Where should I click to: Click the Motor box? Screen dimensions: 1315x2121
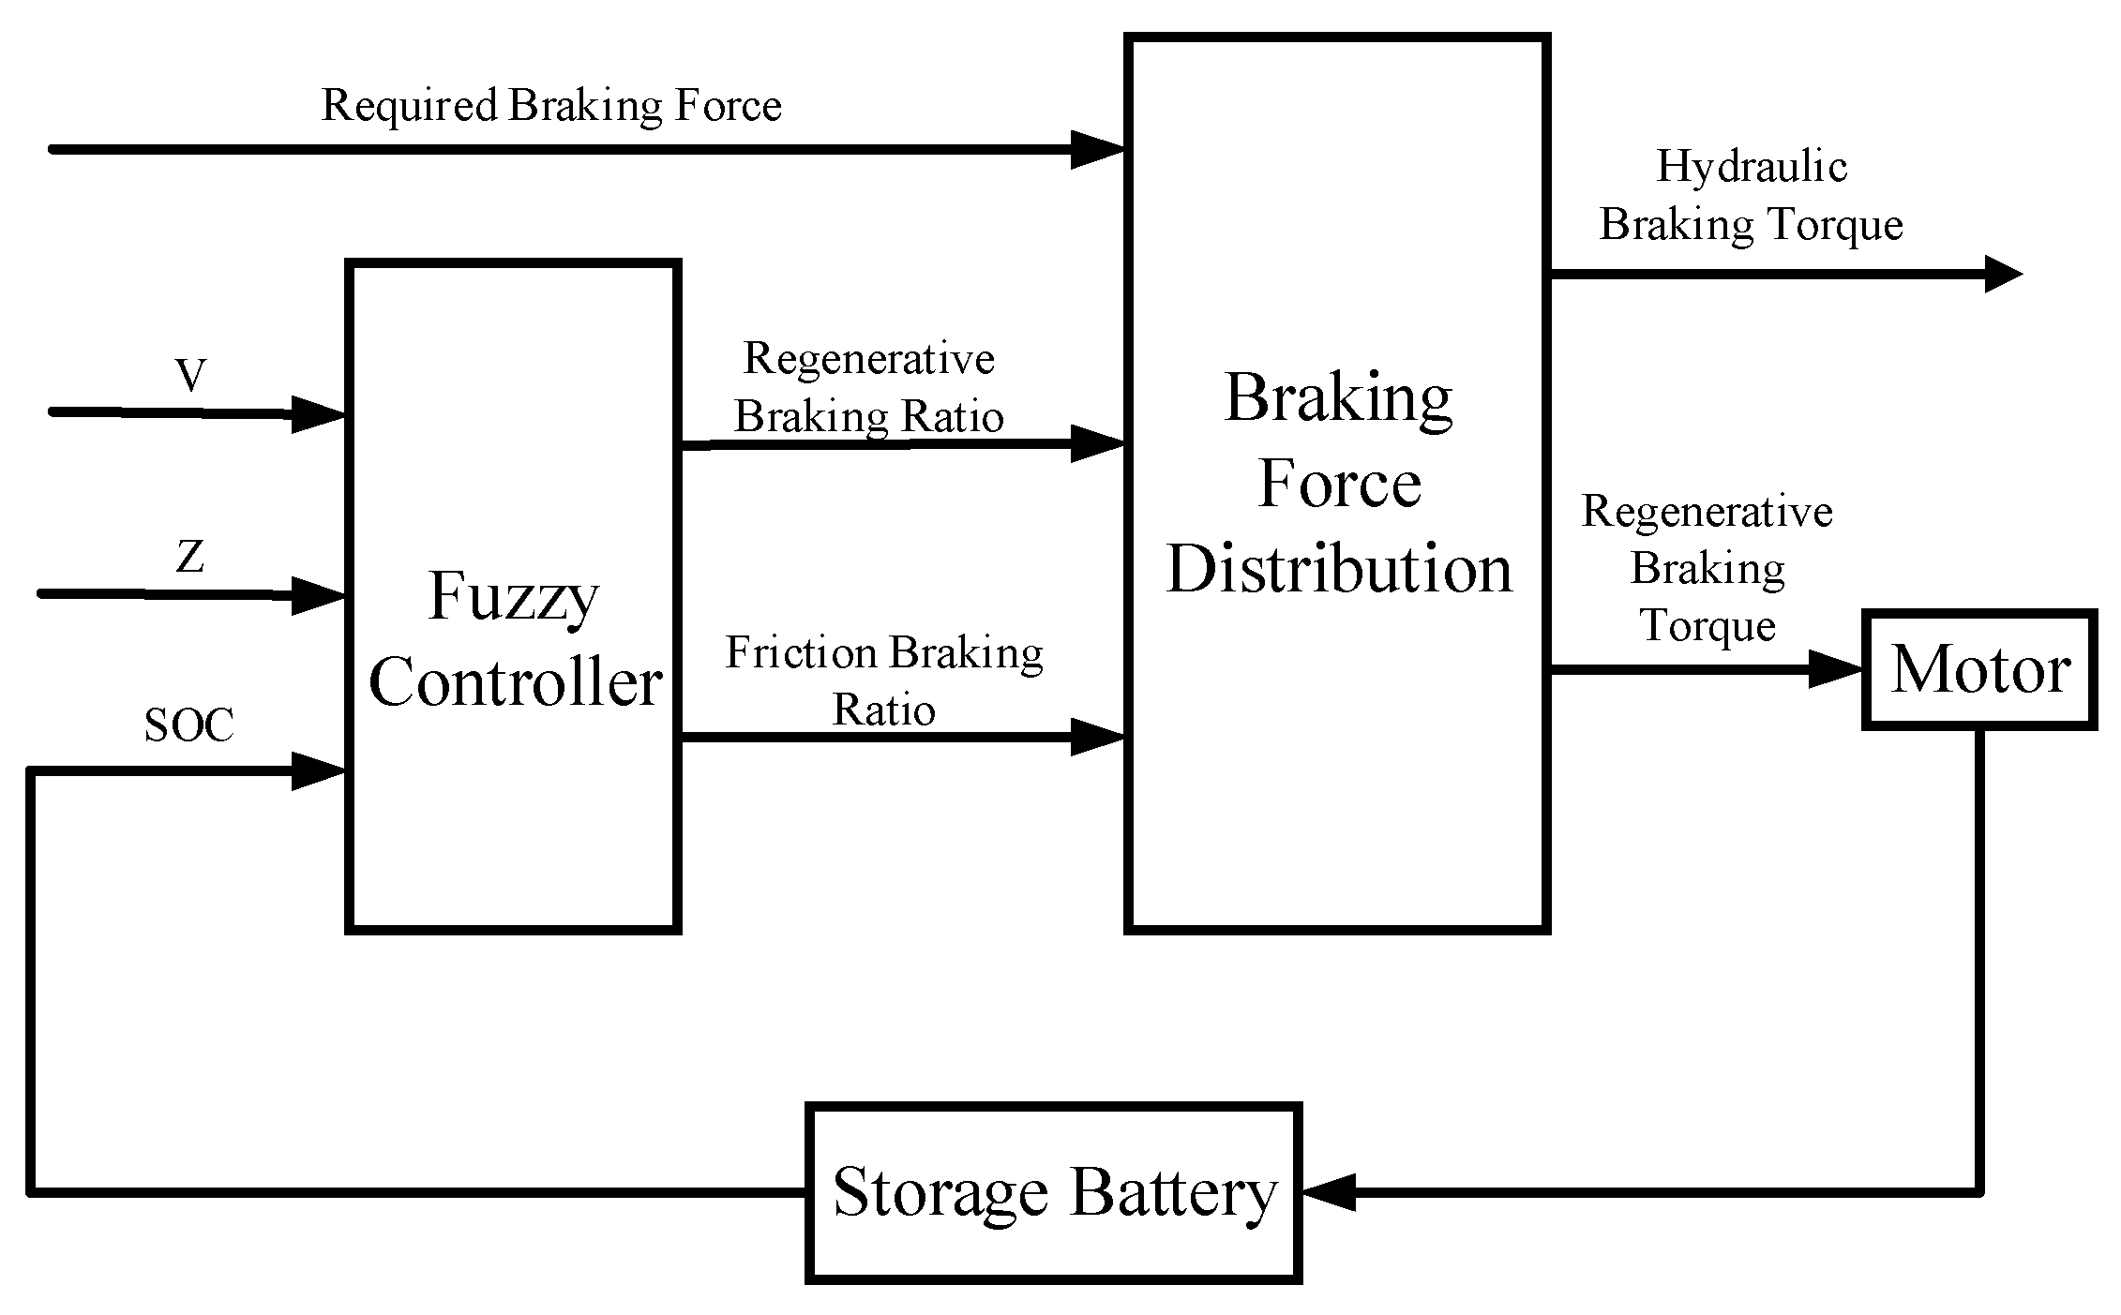(1978, 669)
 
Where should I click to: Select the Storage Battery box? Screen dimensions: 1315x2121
(1053, 1192)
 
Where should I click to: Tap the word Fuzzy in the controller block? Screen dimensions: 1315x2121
(513, 596)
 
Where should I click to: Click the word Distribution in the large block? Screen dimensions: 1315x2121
(1338, 569)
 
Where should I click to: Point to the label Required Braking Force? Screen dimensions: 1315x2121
(551, 105)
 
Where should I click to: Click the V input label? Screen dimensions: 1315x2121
(190, 377)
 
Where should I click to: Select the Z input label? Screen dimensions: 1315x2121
(190, 557)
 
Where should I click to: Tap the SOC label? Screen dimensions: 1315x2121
(188, 725)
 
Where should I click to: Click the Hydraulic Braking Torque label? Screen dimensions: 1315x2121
(1751, 195)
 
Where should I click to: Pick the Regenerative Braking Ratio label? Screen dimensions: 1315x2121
(868, 387)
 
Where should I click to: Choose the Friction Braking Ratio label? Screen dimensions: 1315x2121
(883, 680)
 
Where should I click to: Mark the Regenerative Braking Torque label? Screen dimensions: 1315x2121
(1707, 568)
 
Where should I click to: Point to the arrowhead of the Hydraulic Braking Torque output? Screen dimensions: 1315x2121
(2003, 275)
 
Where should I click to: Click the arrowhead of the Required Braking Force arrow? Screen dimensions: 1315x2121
(1097, 149)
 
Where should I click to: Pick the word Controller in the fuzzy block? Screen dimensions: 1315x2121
(515, 682)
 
